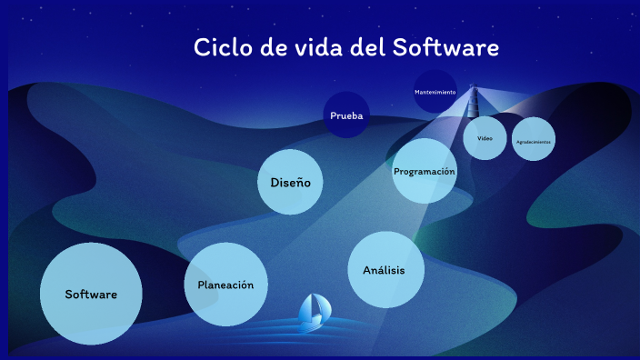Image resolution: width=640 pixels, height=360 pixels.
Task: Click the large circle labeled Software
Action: click(x=91, y=294)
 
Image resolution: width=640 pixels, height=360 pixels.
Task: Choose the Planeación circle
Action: click(x=225, y=285)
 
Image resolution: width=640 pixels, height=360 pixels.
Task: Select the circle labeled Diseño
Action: click(x=290, y=182)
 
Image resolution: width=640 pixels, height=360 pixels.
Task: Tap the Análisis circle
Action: click(x=386, y=270)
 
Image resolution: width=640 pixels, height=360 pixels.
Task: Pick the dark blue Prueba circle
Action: click(x=347, y=115)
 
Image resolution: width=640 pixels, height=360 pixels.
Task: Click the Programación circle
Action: click(x=425, y=171)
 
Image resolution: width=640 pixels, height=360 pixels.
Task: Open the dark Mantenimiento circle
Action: click(x=435, y=92)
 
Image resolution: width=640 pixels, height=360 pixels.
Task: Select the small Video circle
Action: click(x=485, y=138)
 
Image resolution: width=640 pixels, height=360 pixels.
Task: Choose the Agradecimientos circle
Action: click(x=533, y=142)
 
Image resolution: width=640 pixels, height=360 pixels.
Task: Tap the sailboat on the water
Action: click(x=315, y=313)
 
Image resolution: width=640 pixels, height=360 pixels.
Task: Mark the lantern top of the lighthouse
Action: click(x=472, y=89)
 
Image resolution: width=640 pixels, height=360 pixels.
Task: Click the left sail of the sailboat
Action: click(x=308, y=308)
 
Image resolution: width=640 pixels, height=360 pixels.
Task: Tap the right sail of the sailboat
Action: click(x=321, y=307)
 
